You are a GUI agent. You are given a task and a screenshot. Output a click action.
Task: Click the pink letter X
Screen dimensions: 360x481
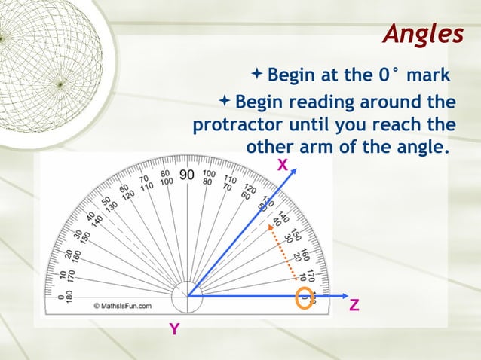(x=282, y=164)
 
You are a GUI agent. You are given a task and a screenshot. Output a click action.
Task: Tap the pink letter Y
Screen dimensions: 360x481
(x=174, y=329)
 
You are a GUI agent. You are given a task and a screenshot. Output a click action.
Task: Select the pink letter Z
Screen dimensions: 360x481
(x=354, y=307)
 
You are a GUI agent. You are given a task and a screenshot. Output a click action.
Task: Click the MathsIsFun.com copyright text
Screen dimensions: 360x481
(x=122, y=307)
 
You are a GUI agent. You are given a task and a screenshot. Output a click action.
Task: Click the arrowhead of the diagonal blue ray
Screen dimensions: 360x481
(x=288, y=182)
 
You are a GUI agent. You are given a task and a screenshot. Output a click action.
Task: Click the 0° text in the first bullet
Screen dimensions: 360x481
(x=389, y=75)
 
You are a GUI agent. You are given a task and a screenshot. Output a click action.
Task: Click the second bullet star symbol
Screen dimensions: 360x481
(x=225, y=100)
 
